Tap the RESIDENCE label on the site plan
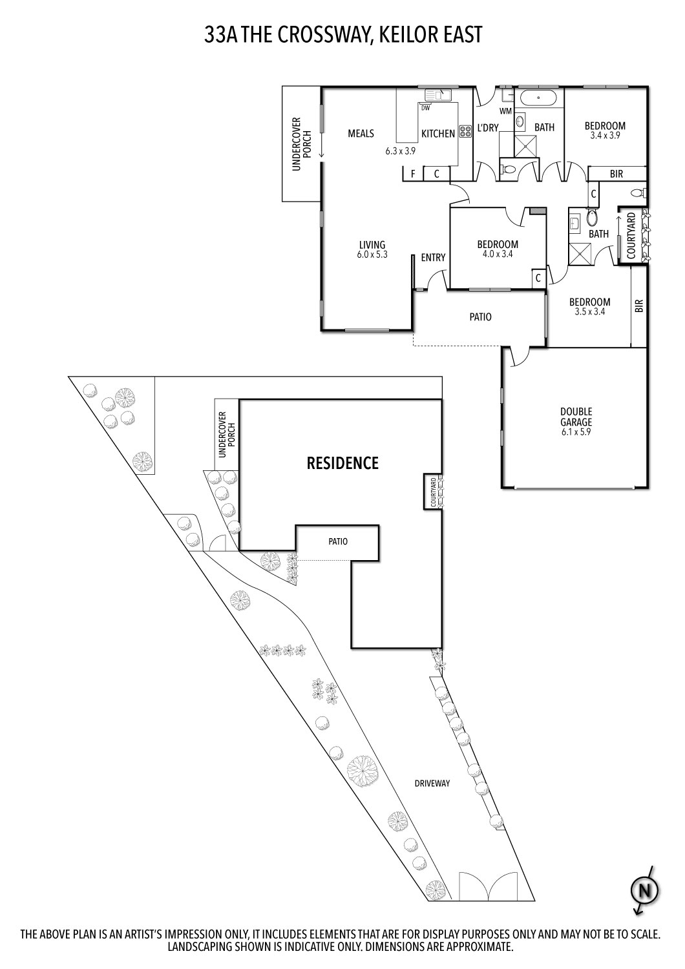pyautogui.click(x=342, y=463)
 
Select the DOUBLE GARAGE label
pyautogui.click(x=576, y=417)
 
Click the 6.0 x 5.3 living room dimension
pyautogui.click(x=372, y=255)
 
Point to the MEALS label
pyautogui.click(x=361, y=134)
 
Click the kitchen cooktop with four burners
pyautogui.click(x=465, y=132)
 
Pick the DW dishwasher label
pyautogui.click(x=425, y=108)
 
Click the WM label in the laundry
pyautogui.click(x=505, y=111)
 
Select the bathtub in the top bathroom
pyautogui.click(x=539, y=98)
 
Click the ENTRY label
pyautogui.click(x=433, y=257)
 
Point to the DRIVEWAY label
pyautogui.click(x=432, y=783)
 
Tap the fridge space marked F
pyautogui.click(x=413, y=174)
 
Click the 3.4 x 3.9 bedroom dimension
pyautogui.click(x=605, y=136)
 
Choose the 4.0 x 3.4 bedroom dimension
pyautogui.click(x=498, y=254)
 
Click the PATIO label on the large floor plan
pyautogui.click(x=480, y=317)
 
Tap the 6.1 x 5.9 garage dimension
pyautogui.click(x=576, y=432)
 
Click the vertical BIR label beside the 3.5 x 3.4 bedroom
pyautogui.click(x=639, y=306)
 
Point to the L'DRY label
pyautogui.click(x=488, y=128)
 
